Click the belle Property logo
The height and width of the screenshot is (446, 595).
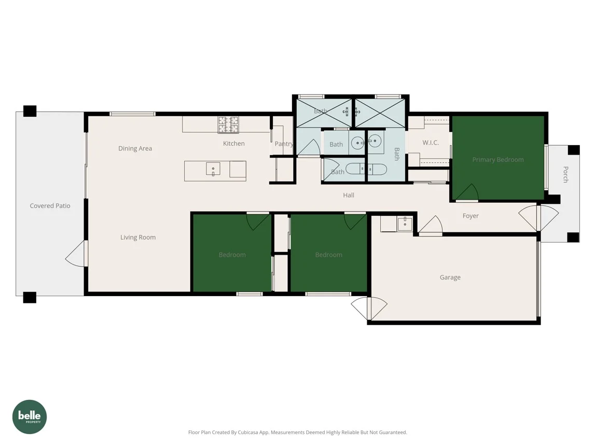30,416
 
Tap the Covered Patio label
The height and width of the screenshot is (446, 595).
50,206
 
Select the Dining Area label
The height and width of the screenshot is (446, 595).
135,148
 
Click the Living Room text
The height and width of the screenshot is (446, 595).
138,238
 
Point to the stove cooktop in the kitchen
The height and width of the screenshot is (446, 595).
228,124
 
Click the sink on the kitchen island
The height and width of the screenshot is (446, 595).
213,169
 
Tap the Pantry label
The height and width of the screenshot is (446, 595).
284,144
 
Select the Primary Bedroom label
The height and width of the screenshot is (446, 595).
497,160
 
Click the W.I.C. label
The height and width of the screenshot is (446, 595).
430,143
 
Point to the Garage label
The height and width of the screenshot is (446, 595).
450,277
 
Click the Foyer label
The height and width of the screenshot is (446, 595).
471,216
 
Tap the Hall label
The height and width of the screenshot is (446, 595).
349,195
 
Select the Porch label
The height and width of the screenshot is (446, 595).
565,174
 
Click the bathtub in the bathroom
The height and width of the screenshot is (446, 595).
366,169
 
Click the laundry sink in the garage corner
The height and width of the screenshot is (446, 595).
404,224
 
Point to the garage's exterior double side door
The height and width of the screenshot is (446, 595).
369,309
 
